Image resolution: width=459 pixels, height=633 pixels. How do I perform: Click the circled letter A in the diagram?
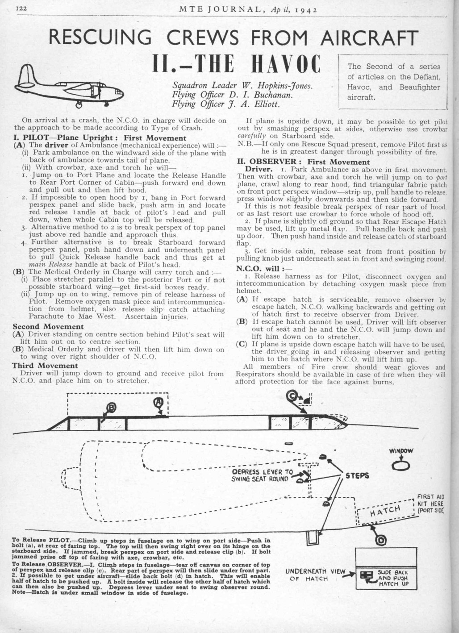point(158,403)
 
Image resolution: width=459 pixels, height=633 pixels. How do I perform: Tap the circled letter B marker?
point(111,407)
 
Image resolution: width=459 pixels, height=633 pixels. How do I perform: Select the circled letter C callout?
point(292,396)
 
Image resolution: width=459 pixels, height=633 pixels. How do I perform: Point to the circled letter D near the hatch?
point(381,540)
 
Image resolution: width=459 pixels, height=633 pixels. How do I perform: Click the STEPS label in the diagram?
point(357,475)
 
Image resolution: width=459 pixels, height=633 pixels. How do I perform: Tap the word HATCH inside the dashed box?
point(387,511)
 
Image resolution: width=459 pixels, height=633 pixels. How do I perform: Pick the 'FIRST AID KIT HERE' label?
point(431,503)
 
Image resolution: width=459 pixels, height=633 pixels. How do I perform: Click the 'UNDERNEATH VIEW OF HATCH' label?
point(315,575)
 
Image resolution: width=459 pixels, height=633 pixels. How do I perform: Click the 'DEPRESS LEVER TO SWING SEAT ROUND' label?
point(262,475)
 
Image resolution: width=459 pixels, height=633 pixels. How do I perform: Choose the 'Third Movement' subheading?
point(45,366)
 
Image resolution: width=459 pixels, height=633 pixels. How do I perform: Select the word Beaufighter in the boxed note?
point(419,87)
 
